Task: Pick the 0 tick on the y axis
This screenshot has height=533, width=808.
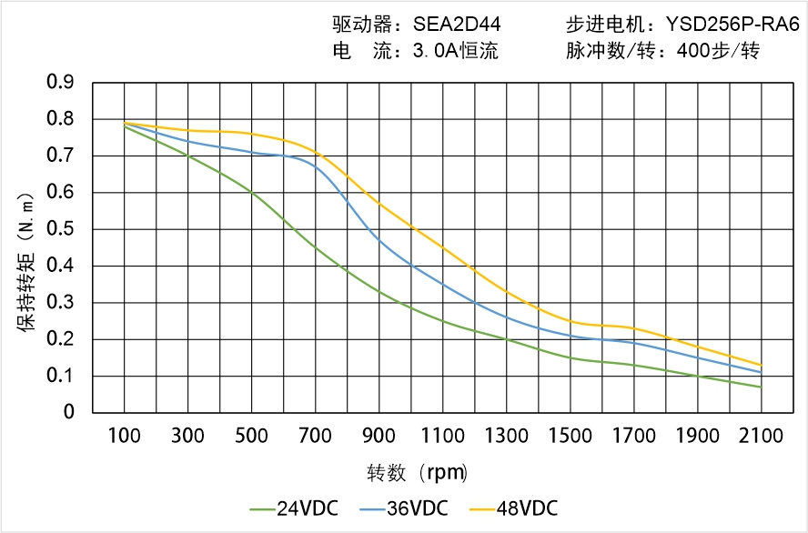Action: point(69,412)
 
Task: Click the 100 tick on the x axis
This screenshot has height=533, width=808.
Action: point(124,436)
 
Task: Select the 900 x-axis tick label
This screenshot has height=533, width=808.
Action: point(379,436)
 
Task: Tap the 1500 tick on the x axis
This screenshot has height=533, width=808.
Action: point(570,436)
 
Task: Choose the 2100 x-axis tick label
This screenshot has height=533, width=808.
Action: point(761,436)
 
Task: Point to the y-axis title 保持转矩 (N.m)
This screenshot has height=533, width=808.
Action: point(26,265)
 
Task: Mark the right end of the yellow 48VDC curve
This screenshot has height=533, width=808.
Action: point(761,365)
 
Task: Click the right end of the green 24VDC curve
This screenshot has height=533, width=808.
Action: point(761,387)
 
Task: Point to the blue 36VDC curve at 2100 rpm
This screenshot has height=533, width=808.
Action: point(761,372)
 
